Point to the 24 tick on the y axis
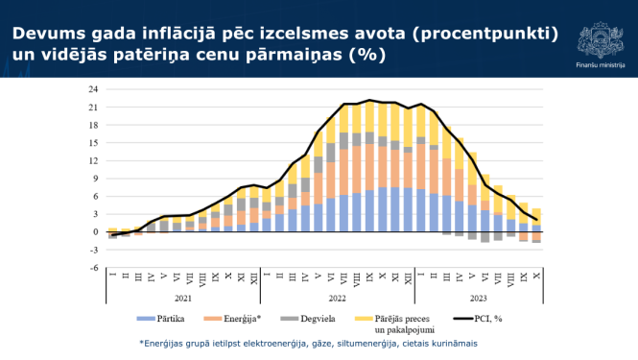[x=93, y=89]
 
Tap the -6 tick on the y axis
[x=93, y=268]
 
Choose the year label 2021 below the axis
[x=183, y=299]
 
